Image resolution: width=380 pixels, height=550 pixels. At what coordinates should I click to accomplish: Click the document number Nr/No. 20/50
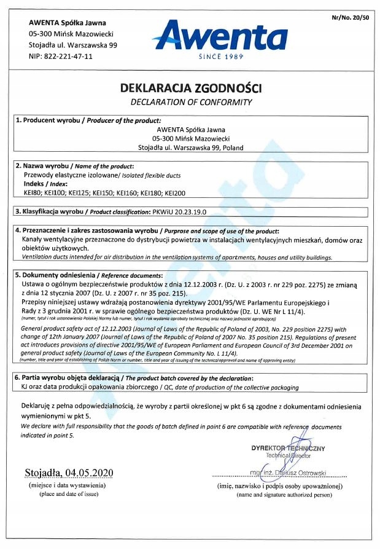click(x=351, y=18)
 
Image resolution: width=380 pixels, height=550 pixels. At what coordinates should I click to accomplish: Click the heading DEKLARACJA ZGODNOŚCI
click(x=191, y=89)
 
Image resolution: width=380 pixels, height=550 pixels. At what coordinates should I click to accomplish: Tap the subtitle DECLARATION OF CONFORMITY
click(x=191, y=102)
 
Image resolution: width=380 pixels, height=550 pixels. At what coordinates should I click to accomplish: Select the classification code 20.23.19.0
click(x=187, y=212)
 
